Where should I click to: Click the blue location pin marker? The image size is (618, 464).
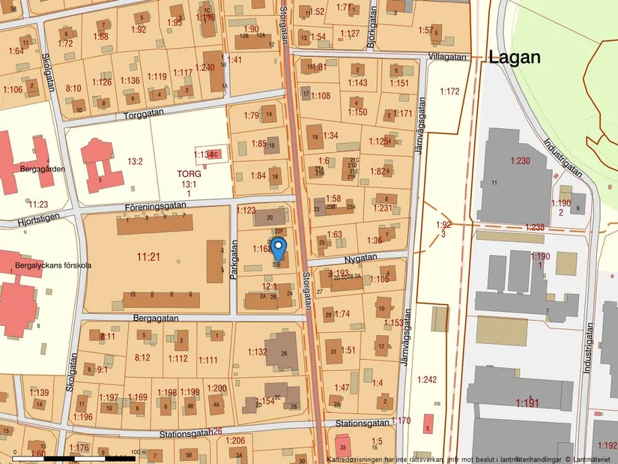pyautogui.click(x=278, y=247)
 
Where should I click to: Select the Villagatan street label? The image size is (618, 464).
pyautogui.click(x=448, y=57)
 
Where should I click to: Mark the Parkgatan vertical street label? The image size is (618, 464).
pyautogui.click(x=234, y=266)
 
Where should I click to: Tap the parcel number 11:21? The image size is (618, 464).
pyautogui.click(x=148, y=257)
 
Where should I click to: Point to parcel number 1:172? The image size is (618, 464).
pyautogui.click(x=449, y=91)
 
